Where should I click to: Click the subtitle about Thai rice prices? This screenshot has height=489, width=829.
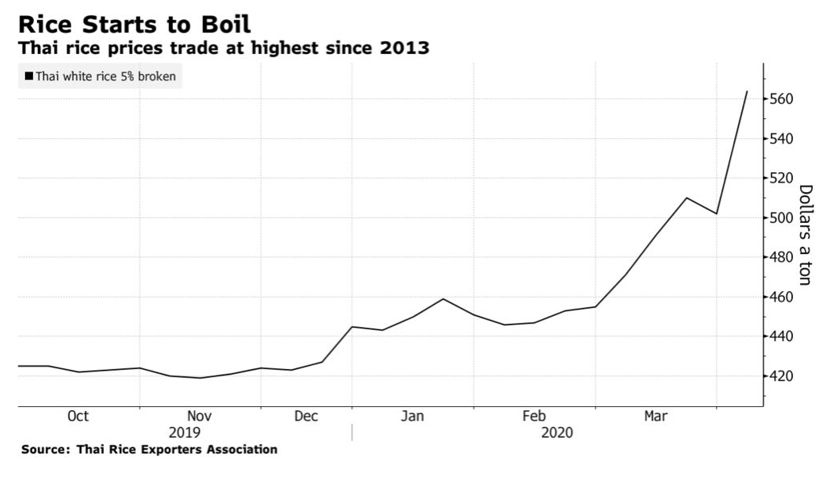coord(224,49)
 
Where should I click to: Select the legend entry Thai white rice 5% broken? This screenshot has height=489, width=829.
coord(100,77)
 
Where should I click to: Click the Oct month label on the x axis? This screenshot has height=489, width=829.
coord(78,417)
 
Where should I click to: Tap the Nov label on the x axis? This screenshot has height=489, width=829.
coord(199,417)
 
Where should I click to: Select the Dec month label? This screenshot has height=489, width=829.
coord(306,417)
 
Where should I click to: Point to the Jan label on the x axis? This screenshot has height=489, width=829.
coord(413,417)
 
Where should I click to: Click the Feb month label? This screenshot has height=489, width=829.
coord(534,417)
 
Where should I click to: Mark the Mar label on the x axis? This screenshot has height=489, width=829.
coord(656,417)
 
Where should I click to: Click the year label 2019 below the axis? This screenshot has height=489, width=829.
coord(186,433)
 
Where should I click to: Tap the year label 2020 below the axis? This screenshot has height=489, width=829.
coord(557,433)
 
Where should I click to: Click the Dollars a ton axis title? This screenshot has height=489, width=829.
coord(805,234)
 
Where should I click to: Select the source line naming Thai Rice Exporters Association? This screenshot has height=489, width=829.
coord(150,450)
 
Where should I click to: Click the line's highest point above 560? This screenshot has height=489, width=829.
coord(747,92)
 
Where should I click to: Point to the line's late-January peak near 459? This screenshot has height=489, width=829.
coord(443,299)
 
